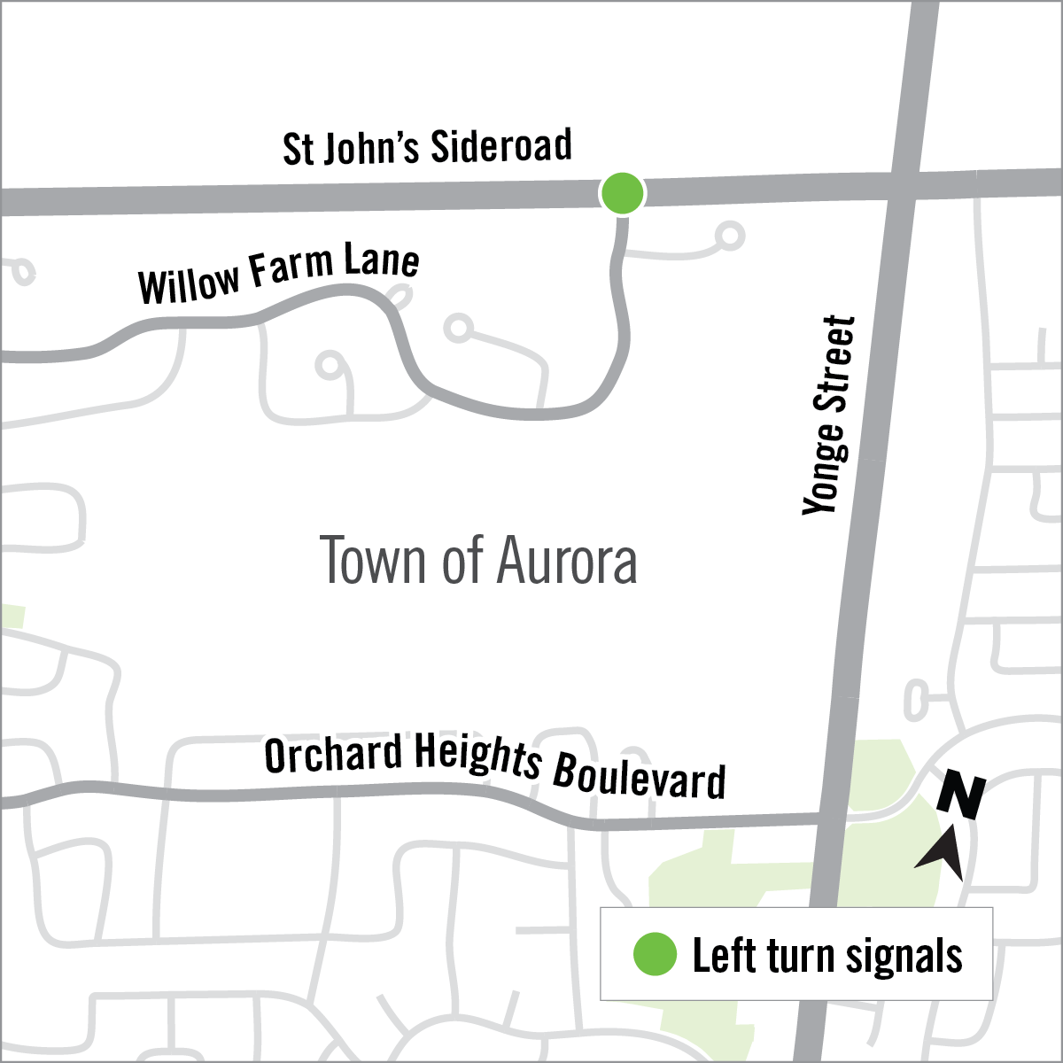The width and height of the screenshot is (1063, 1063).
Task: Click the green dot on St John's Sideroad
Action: pos(622,192)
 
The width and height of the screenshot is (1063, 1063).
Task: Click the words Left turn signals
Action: pos(827,956)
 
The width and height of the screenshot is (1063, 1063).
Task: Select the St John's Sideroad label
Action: pos(427,147)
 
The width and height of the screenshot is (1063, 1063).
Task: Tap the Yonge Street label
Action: pos(830,415)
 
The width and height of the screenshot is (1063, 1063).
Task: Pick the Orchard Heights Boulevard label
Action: pos(495,767)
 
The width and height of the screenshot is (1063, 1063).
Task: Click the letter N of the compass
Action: pos(961,795)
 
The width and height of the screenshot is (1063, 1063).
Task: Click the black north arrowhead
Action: pos(943,851)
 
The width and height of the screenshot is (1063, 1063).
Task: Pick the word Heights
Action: pos(477,760)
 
